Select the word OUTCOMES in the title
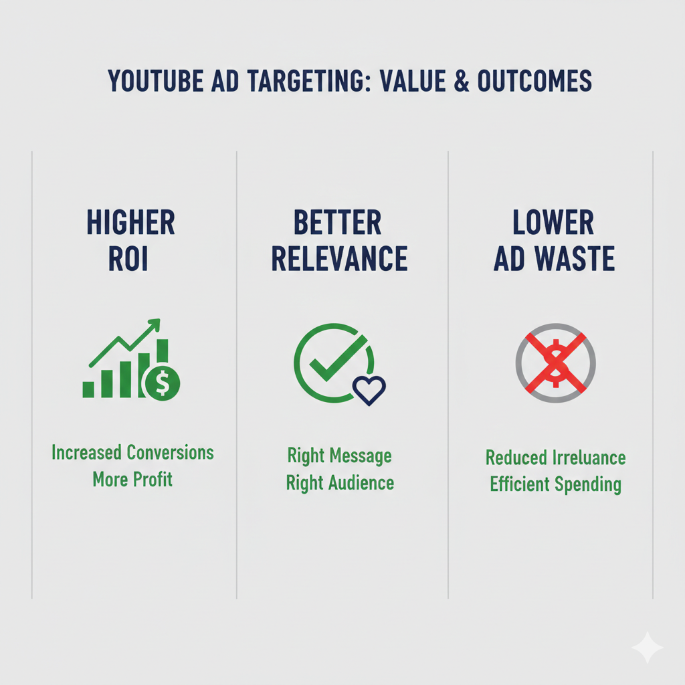[534, 82]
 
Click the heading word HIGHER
[131, 223]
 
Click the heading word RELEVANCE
[339, 260]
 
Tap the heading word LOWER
[554, 223]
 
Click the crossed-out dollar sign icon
[555, 363]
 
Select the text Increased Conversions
[132, 453]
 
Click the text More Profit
[132, 479]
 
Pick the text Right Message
[339, 456]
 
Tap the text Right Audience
[339, 482]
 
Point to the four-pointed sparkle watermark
[647, 647]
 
